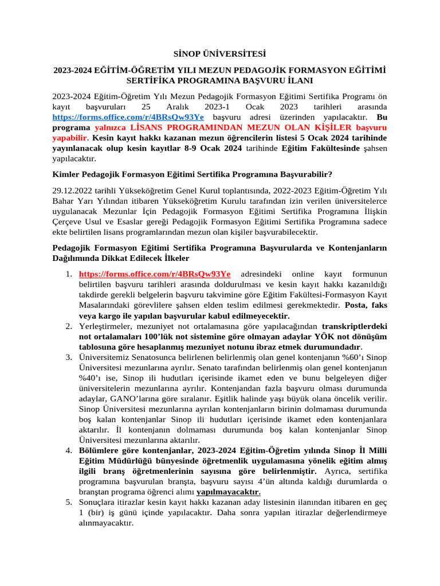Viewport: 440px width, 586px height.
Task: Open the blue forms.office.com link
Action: [x=128, y=117]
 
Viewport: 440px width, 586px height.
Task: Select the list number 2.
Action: [x=67, y=326]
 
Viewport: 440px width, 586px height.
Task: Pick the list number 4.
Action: [x=67, y=450]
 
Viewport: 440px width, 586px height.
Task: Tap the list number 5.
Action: [x=67, y=502]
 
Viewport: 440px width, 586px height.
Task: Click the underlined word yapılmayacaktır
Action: [x=228, y=492]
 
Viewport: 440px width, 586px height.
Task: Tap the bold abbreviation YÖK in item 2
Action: [x=261, y=336]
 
